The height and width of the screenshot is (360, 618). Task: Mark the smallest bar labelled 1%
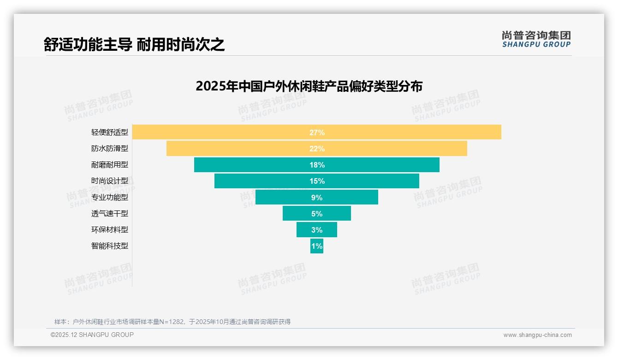click(x=317, y=246)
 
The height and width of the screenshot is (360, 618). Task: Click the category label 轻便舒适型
click(x=110, y=132)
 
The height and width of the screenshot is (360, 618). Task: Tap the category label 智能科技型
click(x=110, y=246)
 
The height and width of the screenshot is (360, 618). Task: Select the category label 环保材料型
click(x=110, y=230)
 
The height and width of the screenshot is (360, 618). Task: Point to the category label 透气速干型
click(x=110, y=214)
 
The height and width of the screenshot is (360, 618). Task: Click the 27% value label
click(x=317, y=132)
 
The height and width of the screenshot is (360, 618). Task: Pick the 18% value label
click(x=317, y=165)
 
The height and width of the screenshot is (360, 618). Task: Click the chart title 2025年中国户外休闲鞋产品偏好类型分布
click(x=309, y=86)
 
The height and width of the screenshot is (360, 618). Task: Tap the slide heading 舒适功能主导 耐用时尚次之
click(x=134, y=44)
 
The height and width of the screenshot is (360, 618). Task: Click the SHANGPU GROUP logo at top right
click(x=536, y=39)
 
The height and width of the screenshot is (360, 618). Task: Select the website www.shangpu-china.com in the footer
click(x=537, y=335)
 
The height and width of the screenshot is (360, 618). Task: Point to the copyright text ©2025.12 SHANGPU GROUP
click(x=92, y=335)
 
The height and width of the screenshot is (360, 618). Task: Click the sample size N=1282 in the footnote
click(x=172, y=322)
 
